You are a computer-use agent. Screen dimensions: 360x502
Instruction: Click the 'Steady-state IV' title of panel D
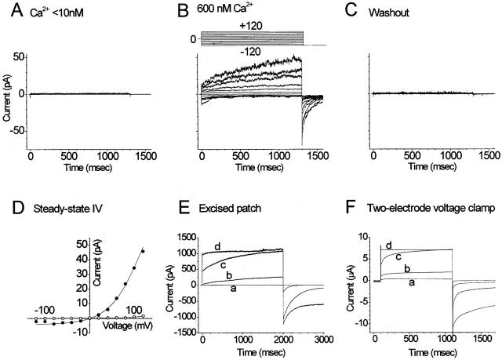click(60, 209)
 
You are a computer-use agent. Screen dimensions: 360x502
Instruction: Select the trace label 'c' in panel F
click(398, 256)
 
